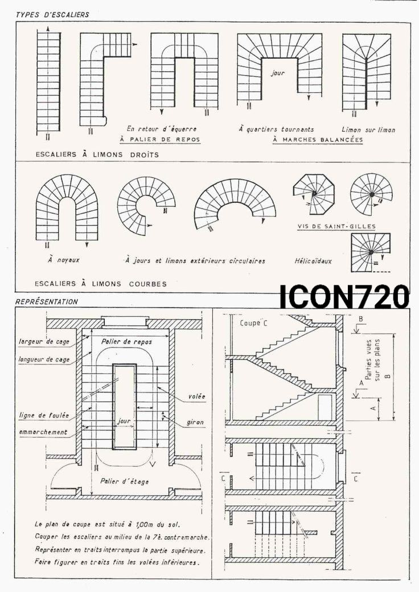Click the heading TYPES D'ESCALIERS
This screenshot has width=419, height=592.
pyautogui.click(x=52, y=15)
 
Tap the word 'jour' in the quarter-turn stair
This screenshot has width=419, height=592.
pyautogui.click(x=278, y=74)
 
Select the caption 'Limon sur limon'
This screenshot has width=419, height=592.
pyautogui.click(x=368, y=130)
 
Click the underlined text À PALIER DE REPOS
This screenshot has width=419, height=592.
pyautogui.click(x=160, y=140)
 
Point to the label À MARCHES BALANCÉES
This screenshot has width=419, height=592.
pyautogui.click(x=318, y=140)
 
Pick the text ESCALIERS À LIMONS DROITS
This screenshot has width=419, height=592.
pyautogui.click(x=97, y=154)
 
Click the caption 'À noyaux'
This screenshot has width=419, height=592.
pyautogui.click(x=63, y=260)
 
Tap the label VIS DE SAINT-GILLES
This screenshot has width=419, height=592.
pyautogui.click(x=336, y=227)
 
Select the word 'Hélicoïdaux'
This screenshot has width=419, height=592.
pyautogui.click(x=313, y=260)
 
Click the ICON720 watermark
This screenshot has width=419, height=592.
pyautogui.click(x=344, y=297)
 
